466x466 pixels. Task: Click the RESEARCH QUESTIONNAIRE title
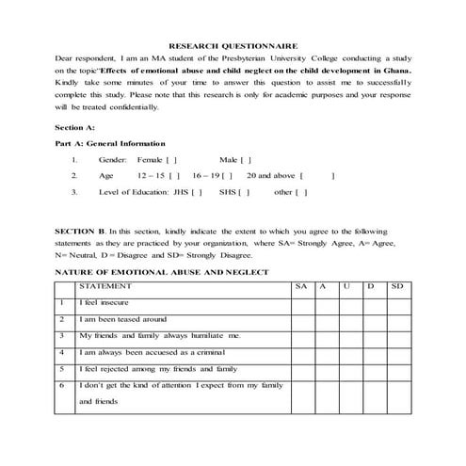[233, 44]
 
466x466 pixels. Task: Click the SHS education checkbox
[244, 192]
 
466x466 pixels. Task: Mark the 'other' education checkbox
[301, 192]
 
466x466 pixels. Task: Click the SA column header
[300, 285]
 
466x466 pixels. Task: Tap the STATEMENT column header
[105, 285]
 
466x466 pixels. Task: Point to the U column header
[347, 285]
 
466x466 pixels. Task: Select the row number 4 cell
[61, 352]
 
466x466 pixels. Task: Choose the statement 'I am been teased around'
[122, 319]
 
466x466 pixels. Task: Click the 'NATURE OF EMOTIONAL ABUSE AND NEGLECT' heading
[162, 271]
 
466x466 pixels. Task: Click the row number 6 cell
[61, 385]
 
